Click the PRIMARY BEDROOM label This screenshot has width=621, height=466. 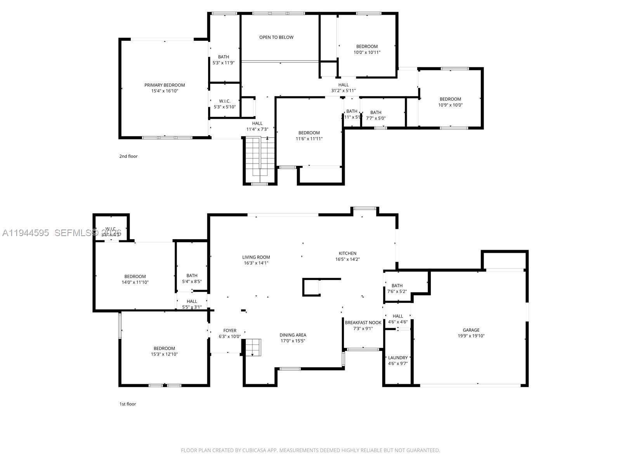pyautogui.click(x=165, y=85)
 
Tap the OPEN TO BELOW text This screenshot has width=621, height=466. pyautogui.click(x=276, y=37)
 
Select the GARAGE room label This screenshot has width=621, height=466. pyautogui.click(x=471, y=330)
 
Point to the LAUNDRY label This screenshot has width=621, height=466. pyautogui.click(x=398, y=358)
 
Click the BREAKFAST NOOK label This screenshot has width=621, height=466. pyautogui.click(x=363, y=323)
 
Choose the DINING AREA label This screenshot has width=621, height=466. pyautogui.click(x=293, y=335)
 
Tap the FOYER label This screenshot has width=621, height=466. pyautogui.click(x=230, y=331)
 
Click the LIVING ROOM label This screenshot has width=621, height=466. pyautogui.click(x=256, y=257)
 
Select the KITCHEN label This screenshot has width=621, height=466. pyautogui.click(x=347, y=253)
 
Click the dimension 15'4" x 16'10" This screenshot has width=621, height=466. pyautogui.click(x=165, y=91)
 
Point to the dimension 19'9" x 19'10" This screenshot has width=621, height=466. pyautogui.click(x=471, y=336)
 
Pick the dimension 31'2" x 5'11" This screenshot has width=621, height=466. pyautogui.click(x=343, y=90)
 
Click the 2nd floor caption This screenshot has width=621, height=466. pyautogui.click(x=128, y=156)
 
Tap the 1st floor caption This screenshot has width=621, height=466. pyautogui.click(x=127, y=404)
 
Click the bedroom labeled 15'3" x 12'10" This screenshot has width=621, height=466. pyautogui.click(x=164, y=351)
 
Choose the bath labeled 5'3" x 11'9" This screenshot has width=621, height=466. pyautogui.click(x=224, y=59)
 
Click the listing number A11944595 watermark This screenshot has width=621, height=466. pyautogui.click(x=26, y=233)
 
